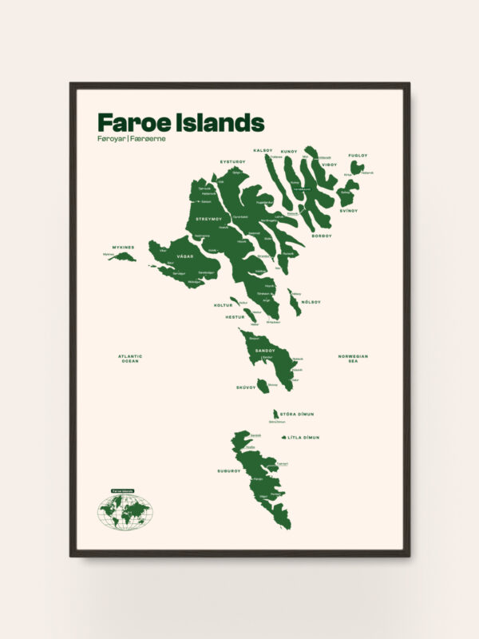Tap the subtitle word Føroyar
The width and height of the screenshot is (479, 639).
tap(111, 139)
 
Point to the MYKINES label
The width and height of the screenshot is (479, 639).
tap(123, 247)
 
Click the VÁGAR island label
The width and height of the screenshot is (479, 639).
tap(185, 256)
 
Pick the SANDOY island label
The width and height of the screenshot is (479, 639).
tap(265, 350)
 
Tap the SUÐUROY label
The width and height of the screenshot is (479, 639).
tap(228, 470)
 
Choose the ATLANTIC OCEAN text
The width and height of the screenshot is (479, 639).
tap(129, 359)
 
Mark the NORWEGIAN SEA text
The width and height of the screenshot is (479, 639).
tap(353, 359)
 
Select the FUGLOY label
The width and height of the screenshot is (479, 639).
tap(358, 155)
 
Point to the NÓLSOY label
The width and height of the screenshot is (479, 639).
tap(311, 302)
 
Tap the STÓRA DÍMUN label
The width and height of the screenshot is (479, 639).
tap(299, 414)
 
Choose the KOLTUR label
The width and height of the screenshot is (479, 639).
tap(223, 305)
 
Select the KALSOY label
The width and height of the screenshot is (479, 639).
tap(263, 150)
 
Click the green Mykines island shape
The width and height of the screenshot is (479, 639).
tap(122, 257)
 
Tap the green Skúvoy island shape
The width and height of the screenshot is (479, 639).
tap(263, 387)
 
